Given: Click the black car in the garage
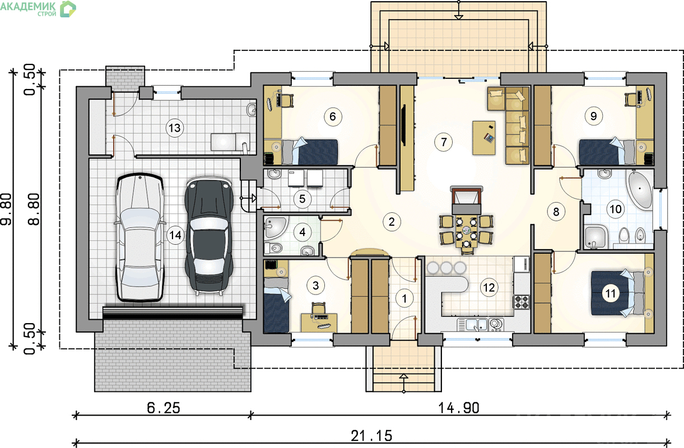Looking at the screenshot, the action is tap(209, 236).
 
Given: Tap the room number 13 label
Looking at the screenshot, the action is tap(175, 128).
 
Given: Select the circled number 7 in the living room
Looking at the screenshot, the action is tap(443, 142).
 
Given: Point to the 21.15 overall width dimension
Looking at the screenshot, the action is tap(371, 436).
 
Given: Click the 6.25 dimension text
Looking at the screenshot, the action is tap(164, 408).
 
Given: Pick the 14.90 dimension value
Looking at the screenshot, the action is tap(459, 408).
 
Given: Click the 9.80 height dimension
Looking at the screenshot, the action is tap(6, 209).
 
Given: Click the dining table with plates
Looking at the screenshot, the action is tap(466, 232).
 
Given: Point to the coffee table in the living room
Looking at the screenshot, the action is tap(483, 138).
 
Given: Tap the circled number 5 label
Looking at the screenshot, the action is tap(302, 199).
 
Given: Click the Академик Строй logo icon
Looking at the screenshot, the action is tap(68, 9).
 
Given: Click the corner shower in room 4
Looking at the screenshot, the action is tap(276, 227).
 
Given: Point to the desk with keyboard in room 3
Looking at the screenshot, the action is tap(319, 322).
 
